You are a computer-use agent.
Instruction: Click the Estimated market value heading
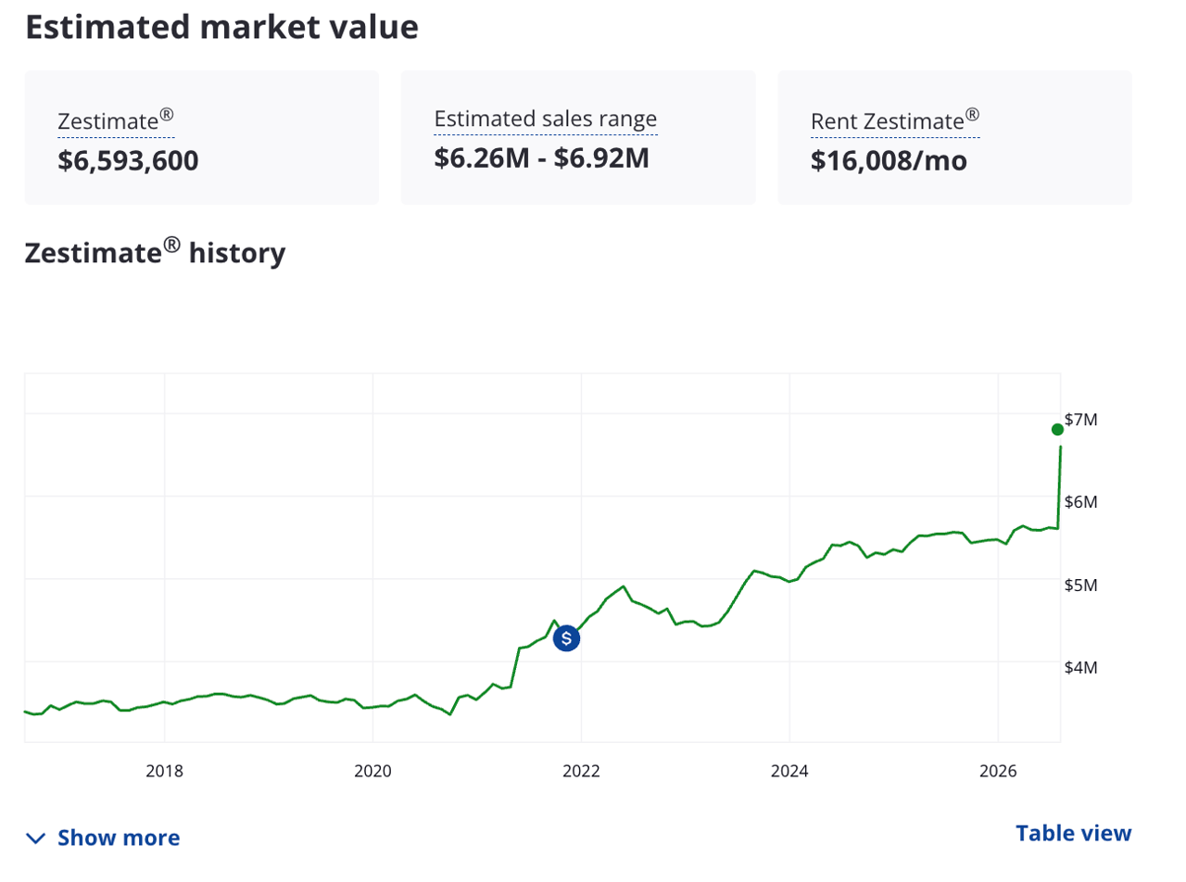(x=221, y=27)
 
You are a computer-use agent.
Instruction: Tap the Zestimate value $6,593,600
(x=128, y=160)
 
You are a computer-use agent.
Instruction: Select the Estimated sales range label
(x=546, y=119)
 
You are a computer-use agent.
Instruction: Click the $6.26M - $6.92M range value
(x=541, y=157)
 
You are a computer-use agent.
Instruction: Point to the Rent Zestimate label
(x=895, y=120)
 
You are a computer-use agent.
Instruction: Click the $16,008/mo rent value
(x=889, y=160)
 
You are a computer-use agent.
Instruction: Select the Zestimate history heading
(x=155, y=252)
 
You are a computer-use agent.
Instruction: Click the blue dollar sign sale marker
(x=566, y=638)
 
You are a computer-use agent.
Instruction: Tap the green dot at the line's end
(x=1057, y=430)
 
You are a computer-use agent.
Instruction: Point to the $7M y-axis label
(x=1080, y=420)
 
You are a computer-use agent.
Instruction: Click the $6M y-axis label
(x=1080, y=502)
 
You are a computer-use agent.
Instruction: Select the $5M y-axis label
(x=1080, y=585)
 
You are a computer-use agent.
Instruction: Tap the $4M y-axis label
(x=1080, y=667)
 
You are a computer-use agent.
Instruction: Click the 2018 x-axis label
(x=164, y=771)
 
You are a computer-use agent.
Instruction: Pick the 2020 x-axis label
(x=372, y=771)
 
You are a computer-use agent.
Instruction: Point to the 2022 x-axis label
(x=581, y=771)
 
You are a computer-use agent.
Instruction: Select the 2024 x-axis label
(x=789, y=771)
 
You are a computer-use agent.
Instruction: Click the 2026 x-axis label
(x=998, y=771)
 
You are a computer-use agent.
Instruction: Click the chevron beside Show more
(x=36, y=838)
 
